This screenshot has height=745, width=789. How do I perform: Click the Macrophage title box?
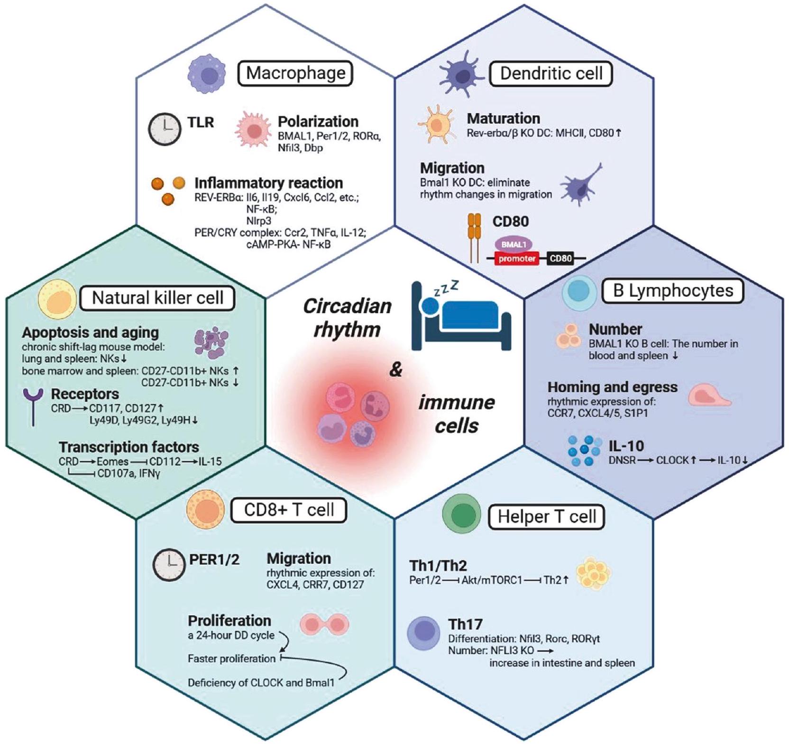click(295, 73)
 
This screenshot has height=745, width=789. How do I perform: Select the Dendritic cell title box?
click(550, 74)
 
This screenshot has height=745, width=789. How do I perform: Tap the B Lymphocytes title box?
click(672, 290)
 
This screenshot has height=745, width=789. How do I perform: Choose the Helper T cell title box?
click(546, 516)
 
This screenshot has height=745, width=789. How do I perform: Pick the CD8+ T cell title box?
click(288, 510)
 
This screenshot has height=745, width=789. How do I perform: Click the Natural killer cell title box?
click(157, 298)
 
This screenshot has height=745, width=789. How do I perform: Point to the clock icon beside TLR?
click(165, 129)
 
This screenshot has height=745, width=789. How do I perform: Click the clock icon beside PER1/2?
click(169, 565)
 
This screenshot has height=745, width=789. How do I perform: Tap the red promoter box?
click(517, 259)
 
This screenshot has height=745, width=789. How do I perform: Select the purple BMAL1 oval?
click(514, 245)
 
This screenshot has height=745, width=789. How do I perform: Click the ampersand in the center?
click(395, 369)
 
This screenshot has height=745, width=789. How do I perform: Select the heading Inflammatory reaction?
click(268, 183)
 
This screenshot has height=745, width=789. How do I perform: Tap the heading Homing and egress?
click(612, 387)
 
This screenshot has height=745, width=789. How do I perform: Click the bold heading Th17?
click(465, 624)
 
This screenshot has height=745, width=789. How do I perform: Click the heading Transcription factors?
click(128, 447)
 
